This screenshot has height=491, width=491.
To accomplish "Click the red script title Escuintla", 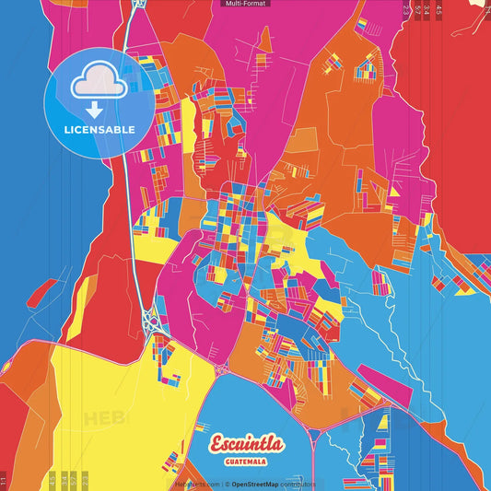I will tap(246, 443).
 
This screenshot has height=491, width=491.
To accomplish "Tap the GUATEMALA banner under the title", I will tap(246, 462).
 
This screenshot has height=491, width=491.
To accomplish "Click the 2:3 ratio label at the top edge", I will tap(406, 9).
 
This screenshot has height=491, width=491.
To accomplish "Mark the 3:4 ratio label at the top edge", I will tap(427, 9).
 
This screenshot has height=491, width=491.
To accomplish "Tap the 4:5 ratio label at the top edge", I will tap(438, 9).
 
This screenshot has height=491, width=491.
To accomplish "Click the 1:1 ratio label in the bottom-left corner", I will tap(4, 481).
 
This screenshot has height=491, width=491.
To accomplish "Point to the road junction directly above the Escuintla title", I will tap(223, 368).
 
